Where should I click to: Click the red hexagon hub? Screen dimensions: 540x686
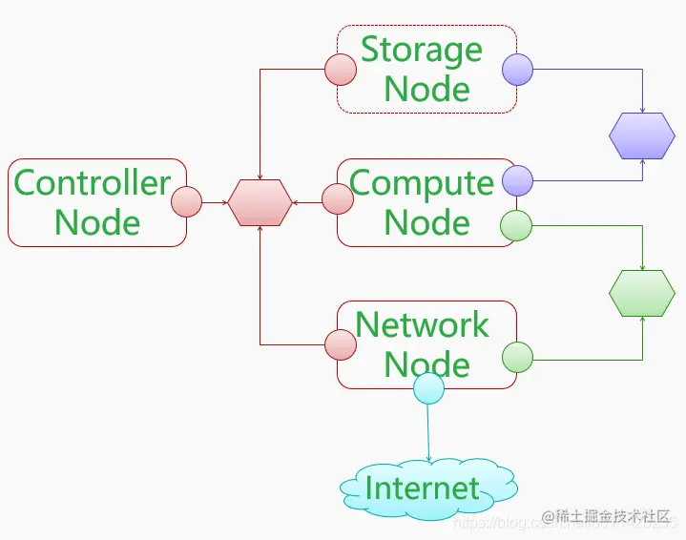click(260, 202)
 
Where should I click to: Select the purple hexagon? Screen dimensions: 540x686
click(642, 136)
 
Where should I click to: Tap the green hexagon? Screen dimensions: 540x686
click(642, 293)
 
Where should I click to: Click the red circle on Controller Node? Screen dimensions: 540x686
click(186, 202)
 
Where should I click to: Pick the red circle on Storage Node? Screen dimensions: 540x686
click(341, 69)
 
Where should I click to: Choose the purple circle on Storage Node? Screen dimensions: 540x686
click(517, 69)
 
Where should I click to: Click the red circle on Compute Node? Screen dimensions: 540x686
click(338, 198)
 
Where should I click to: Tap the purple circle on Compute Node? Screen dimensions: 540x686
click(517, 180)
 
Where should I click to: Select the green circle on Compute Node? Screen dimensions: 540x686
click(515, 226)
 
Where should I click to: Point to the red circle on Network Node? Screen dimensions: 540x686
click(341, 344)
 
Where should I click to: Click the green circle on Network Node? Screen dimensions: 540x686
click(517, 357)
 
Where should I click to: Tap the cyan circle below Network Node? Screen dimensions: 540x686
click(428, 388)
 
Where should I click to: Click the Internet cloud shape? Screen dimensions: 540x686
click(428, 488)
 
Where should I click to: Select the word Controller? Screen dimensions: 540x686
click(93, 182)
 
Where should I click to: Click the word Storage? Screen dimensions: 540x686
click(422, 49)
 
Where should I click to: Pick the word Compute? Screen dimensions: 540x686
click(422, 182)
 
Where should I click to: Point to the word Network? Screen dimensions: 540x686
click(422, 324)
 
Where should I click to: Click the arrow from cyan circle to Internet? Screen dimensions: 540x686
click(428, 434)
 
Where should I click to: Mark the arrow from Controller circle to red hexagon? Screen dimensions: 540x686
click(216, 202)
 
